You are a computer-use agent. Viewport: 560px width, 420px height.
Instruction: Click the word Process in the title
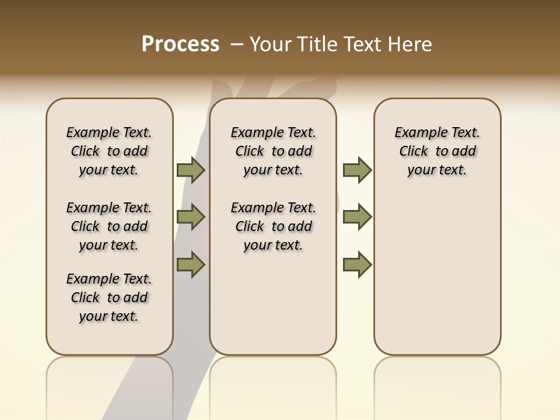180,44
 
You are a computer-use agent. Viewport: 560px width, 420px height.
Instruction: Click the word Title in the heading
315,44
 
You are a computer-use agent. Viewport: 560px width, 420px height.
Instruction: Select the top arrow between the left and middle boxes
191,170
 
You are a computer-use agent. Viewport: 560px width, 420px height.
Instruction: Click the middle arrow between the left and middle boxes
191,217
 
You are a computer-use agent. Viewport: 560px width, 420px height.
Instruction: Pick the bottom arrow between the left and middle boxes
191,264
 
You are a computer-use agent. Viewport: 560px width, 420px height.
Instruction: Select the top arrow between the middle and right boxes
357,170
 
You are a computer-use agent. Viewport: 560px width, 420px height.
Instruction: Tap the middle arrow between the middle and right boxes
357,217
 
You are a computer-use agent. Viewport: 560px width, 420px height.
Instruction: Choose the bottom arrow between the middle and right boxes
357,264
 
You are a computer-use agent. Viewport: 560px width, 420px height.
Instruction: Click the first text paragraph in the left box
109,151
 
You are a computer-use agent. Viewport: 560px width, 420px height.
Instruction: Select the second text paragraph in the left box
109,226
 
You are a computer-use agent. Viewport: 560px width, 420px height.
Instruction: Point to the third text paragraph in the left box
109,297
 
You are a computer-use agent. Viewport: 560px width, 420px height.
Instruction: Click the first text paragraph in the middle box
274,151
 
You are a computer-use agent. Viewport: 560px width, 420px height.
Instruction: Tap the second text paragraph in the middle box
274,226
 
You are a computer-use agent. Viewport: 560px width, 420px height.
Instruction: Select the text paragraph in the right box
437,151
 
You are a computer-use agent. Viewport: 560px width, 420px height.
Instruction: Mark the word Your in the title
268,44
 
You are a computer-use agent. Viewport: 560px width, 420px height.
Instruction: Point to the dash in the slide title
237,44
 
